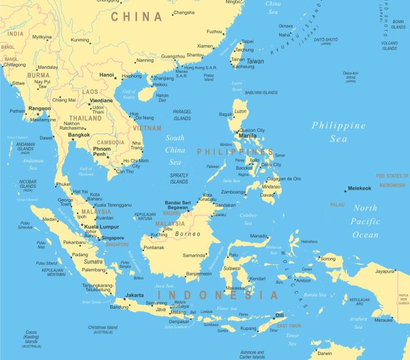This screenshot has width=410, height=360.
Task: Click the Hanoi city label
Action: click(x=107, y=75)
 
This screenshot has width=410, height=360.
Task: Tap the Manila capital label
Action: click(x=247, y=135)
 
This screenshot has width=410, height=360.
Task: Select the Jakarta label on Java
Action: click(x=135, y=295)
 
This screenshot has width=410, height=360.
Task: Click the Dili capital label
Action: click(x=279, y=316)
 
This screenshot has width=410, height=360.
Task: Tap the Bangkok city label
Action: click(x=79, y=135)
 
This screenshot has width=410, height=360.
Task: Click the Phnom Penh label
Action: click(x=101, y=151)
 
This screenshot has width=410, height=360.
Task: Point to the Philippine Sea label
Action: click(x=339, y=132)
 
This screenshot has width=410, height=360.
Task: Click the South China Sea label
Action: click(x=175, y=150)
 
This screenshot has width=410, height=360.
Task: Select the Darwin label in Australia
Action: click(x=325, y=353)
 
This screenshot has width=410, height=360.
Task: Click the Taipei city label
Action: click(x=248, y=41)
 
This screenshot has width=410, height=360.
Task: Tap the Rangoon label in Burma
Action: click(x=39, y=108)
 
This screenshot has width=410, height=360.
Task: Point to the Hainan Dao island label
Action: click(x=162, y=97)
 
